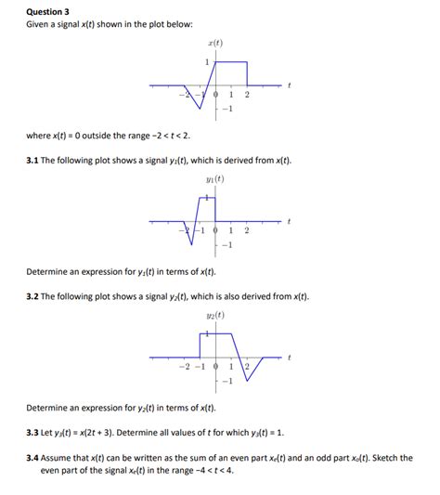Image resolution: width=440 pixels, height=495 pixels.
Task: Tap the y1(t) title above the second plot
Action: click(x=215, y=179)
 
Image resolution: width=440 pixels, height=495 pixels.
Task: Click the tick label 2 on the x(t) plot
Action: click(x=247, y=96)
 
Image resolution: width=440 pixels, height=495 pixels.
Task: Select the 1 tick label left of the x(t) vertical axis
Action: click(x=206, y=61)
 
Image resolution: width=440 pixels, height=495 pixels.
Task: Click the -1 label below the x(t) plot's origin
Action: click(x=225, y=110)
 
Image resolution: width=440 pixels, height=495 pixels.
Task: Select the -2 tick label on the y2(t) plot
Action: click(x=184, y=367)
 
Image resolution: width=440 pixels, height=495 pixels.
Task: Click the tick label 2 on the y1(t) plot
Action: click(x=247, y=231)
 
